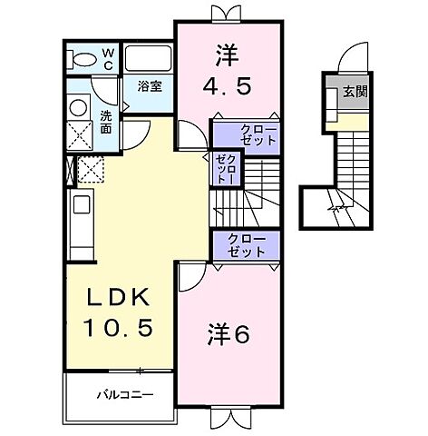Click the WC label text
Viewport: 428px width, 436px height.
[108, 59]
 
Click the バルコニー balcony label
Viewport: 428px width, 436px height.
[122, 395]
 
